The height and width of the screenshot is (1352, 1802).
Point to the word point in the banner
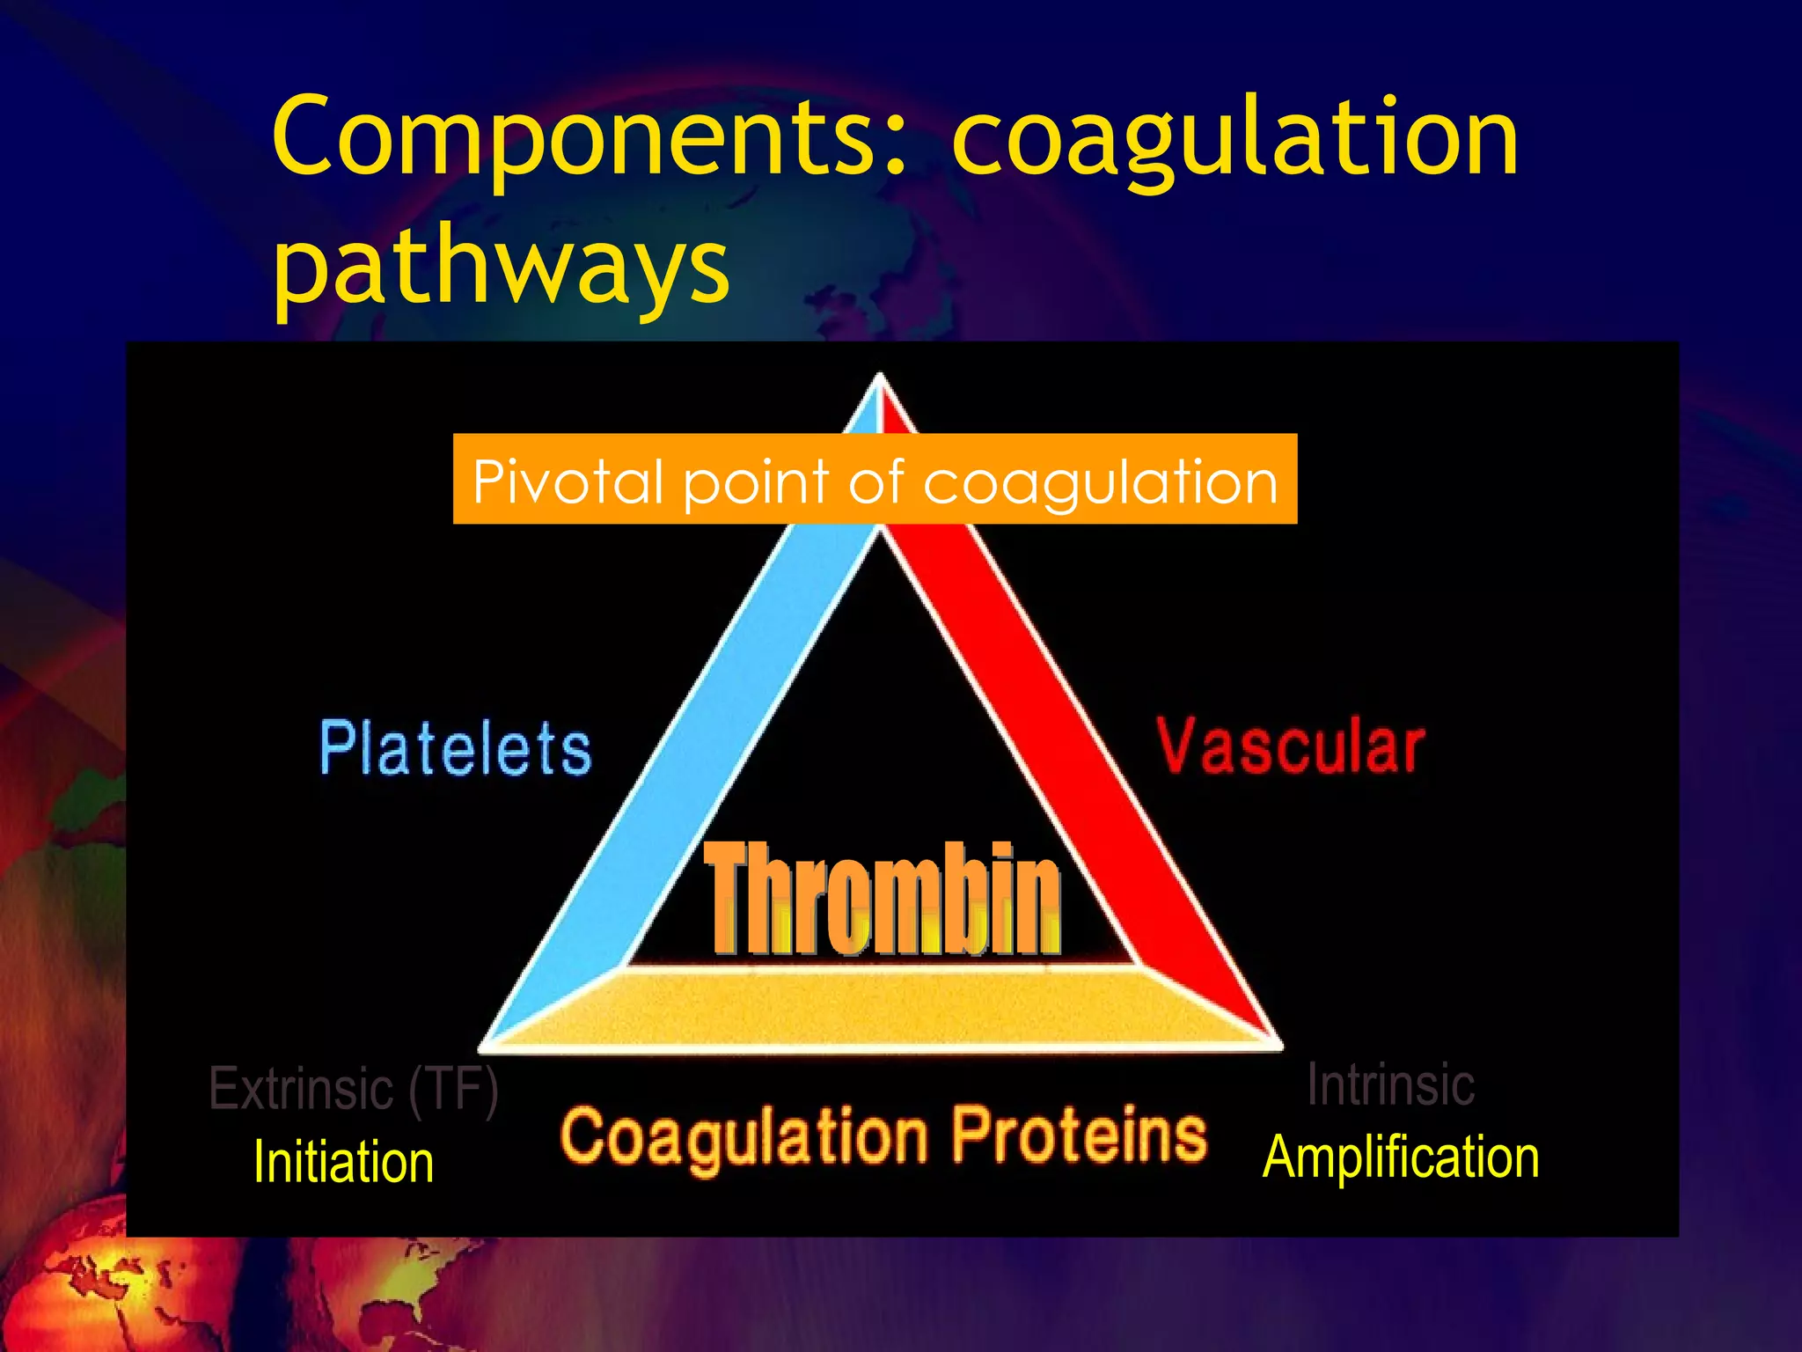757,483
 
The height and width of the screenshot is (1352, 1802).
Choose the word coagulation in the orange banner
1100,483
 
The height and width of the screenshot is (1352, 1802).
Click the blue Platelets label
455,748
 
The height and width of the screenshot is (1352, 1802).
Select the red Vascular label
1290,746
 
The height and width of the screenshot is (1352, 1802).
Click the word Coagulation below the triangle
744,1137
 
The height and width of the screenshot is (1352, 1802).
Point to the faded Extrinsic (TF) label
353,1089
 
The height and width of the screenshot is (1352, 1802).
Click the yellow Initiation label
343,1162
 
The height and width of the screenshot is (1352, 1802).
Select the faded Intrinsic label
1390,1084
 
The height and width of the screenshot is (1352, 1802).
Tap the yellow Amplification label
1401,1157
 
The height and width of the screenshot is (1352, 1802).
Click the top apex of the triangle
880,387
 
